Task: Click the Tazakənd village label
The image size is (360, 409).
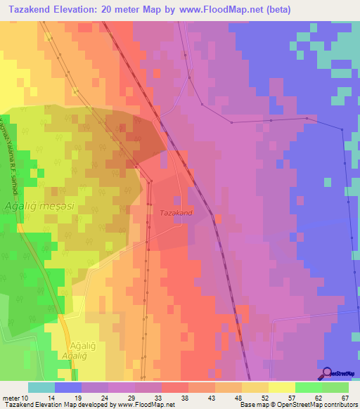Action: pos(176,212)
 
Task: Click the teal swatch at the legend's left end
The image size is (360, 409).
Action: pos(41,387)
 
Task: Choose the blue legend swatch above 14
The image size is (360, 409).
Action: pos(68,387)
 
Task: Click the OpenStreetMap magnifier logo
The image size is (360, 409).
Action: pos(327,373)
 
